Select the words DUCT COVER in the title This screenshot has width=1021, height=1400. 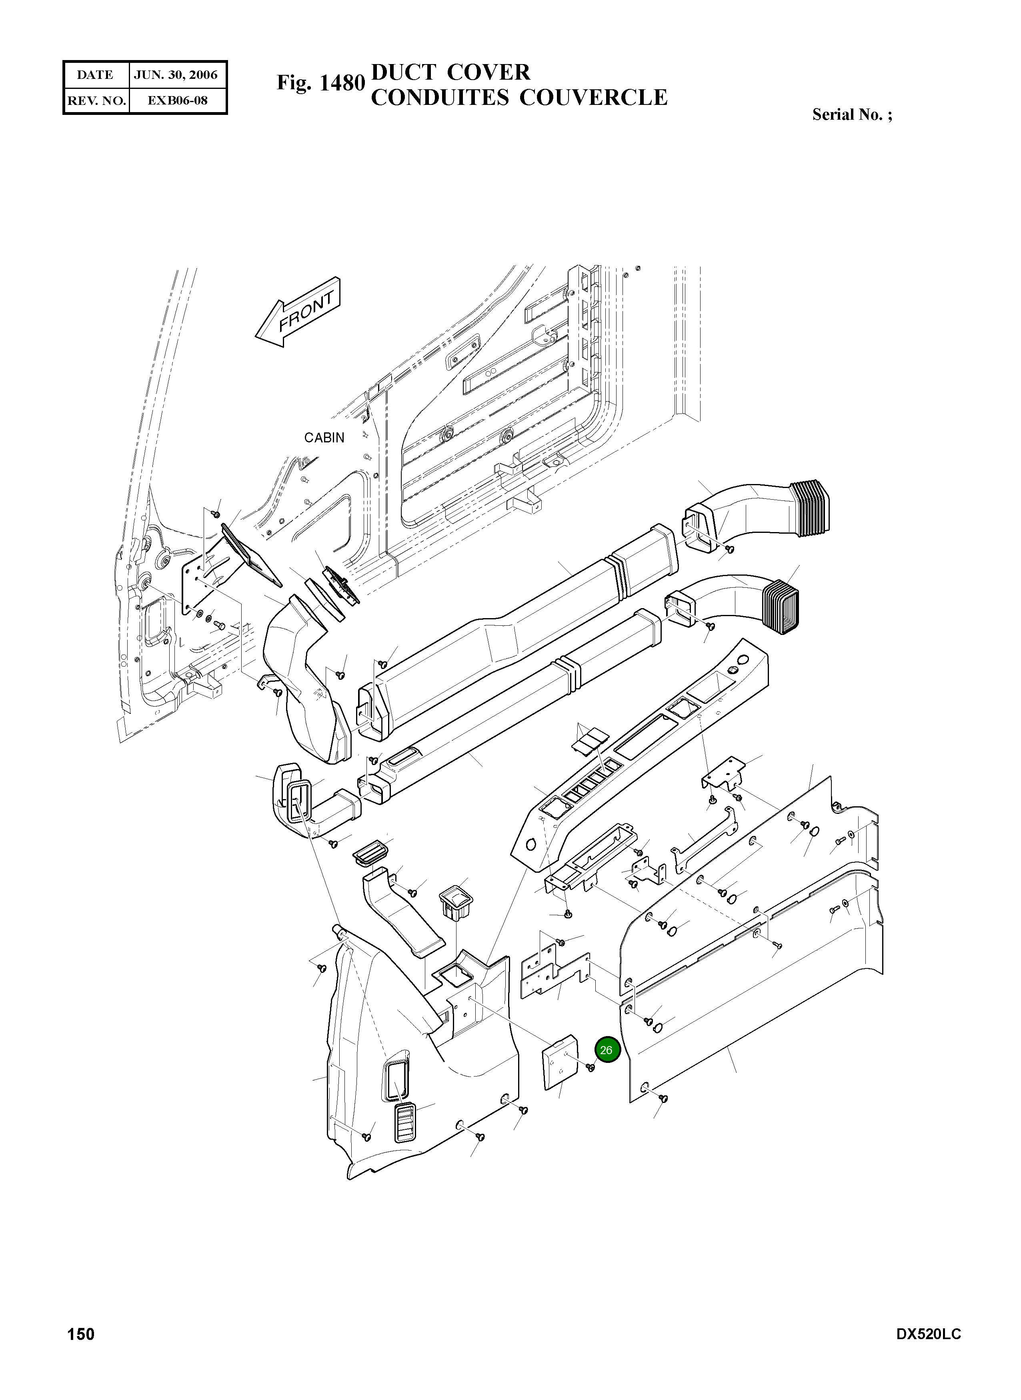point(450,72)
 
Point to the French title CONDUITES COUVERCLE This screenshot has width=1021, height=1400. point(519,98)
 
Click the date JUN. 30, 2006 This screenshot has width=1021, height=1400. point(176,75)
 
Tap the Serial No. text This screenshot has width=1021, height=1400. point(852,114)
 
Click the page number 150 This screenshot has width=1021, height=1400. point(81,1334)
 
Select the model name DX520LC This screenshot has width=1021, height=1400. point(928,1334)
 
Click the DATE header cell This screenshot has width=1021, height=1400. point(95,75)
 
